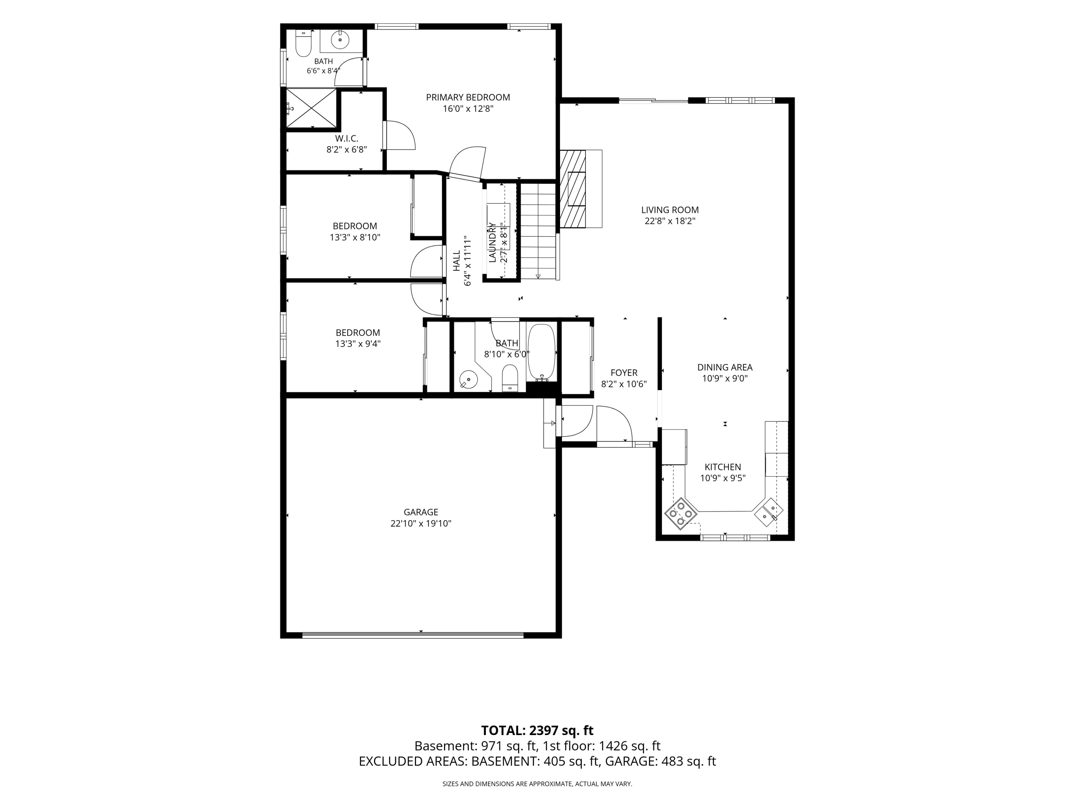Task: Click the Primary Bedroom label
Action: pos(468,97)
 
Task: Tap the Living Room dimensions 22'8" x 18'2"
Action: pos(670,221)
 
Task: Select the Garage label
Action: pos(421,512)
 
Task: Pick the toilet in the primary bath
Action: pos(303,45)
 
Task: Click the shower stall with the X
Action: pos(311,107)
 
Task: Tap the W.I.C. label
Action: pos(347,139)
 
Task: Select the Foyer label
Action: pos(624,373)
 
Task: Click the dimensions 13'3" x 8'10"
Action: pos(355,238)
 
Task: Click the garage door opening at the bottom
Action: pos(412,634)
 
